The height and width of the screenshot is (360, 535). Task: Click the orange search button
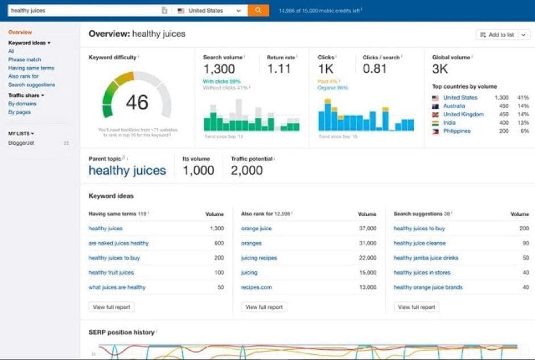258,10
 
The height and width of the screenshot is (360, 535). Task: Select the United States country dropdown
209,10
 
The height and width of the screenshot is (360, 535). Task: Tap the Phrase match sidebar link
24,60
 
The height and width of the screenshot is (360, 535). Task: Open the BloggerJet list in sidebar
21,143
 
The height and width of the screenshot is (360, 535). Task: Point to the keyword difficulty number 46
137,103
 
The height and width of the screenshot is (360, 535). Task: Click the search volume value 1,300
219,69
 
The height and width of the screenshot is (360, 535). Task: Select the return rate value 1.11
279,69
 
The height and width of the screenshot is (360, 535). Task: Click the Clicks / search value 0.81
374,69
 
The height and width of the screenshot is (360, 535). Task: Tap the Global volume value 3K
440,69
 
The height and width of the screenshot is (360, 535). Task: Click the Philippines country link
457,131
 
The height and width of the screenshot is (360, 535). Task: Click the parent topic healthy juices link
127,170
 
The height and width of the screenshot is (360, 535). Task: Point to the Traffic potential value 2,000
247,170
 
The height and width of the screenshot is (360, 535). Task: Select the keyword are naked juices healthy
118,243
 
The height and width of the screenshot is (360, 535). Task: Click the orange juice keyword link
256,228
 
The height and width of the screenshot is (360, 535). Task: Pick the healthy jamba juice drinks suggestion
426,258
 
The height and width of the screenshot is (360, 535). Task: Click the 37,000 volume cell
367,228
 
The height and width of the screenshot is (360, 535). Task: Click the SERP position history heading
121,332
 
